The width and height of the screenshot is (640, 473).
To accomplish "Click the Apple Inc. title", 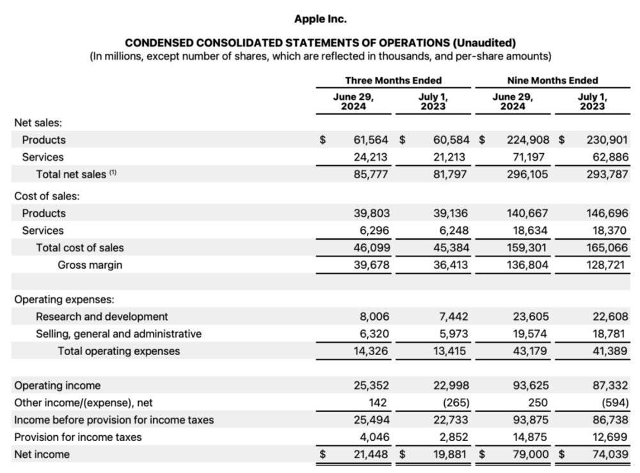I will click(x=320, y=19).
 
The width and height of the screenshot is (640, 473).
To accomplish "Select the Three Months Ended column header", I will click(x=393, y=80).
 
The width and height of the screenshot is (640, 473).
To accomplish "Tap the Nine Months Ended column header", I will click(x=552, y=80).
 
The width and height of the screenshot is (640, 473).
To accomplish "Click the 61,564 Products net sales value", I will click(x=371, y=140).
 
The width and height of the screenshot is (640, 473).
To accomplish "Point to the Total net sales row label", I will click(x=71, y=174).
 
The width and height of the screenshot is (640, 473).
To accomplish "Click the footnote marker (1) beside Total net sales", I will click(x=113, y=173).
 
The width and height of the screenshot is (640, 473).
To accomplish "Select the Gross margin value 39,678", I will click(x=371, y=265).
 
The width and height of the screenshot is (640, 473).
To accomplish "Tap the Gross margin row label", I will click(x=90, y=265).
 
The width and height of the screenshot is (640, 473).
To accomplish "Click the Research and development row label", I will click(x=102, y=317).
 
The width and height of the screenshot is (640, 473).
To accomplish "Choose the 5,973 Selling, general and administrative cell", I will click(x=453, y=334).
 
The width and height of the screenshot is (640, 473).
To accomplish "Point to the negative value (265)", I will click(x=453, y=403).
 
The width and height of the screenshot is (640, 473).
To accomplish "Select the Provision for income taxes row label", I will click(x=77, y=437).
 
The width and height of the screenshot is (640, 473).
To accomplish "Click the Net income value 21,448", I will click(x=371, y=454).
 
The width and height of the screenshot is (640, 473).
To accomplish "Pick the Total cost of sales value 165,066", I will click(x=607, y=247).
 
